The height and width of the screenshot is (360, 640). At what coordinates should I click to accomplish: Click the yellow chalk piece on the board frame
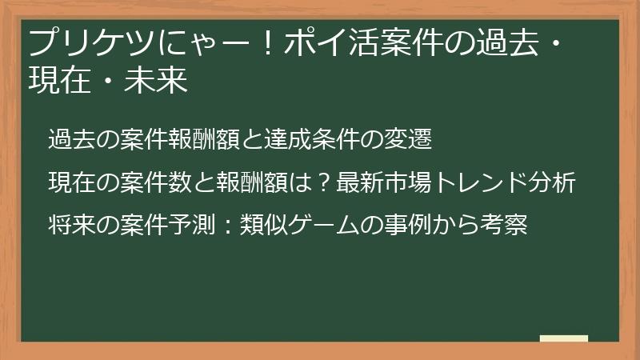[x=564, y=339]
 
